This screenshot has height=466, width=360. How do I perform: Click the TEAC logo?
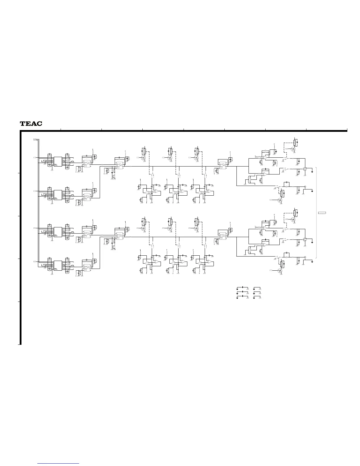point(31,124)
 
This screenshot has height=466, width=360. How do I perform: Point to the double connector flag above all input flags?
point(35,139)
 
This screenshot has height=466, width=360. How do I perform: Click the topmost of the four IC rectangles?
point(58,161)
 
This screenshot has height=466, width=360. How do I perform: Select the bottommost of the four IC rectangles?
point(58,265)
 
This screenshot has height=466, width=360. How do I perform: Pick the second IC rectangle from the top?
point(58,195)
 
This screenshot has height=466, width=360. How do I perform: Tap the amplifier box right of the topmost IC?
point(87,164)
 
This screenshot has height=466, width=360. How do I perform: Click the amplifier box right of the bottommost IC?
point(87,268)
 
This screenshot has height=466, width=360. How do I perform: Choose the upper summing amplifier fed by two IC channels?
point(119,166)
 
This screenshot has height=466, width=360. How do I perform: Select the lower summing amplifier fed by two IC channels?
point(119,236)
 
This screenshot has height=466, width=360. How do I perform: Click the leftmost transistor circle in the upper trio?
point(144,158)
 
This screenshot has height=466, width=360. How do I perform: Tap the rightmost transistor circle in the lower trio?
point(196,228)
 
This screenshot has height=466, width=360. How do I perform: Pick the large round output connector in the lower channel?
point(305,239)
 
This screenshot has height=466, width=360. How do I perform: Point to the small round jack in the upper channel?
point(305,187)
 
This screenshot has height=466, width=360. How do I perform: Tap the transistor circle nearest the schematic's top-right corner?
point(293,149)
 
